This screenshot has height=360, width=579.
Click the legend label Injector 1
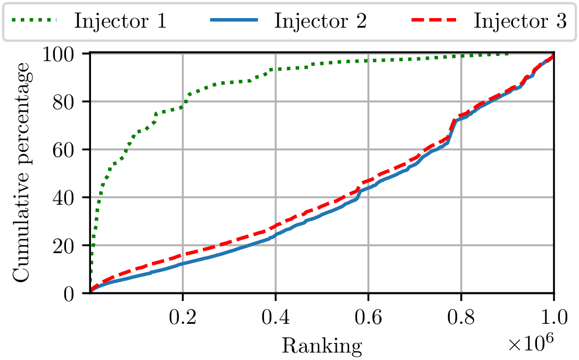pyautogui.click(x=121, y=21)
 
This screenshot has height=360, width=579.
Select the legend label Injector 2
pyautogui.click(x=320, y=21)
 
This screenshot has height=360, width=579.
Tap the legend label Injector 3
pyautogui.click(x=520, y=21)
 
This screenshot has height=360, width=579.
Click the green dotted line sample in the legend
pyautogui.click(x=37, y=21)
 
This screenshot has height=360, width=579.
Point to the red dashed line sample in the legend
pyautogui.click(x=435, y=21)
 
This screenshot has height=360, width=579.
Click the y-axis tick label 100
pyautogui.click(x=65, y=54)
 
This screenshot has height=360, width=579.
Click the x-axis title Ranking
pyautogui.click(x=321, y=346)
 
